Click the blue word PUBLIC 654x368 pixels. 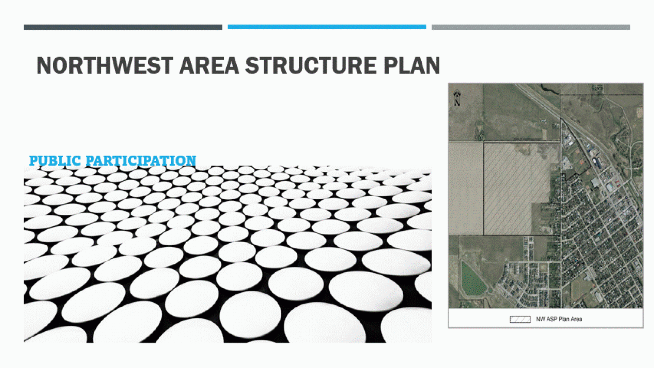click(55, 160)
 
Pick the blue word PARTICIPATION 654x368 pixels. click(141, 160)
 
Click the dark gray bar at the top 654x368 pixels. click(123, 27)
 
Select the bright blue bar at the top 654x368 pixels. click(327, 27)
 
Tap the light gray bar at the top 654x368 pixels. click(531, 27)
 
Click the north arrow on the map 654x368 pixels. click(457, 98)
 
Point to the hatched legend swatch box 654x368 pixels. click(520, 319)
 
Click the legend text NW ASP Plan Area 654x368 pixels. click(559, 319)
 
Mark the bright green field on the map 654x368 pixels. click(473, 279)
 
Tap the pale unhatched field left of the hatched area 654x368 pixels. click(466, 188)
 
